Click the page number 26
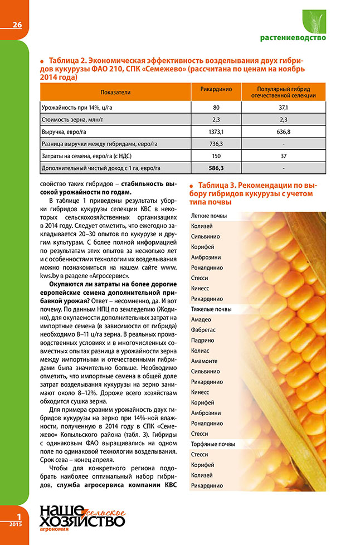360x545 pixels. (x=17, y=25)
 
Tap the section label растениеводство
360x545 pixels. (x=293, y=38)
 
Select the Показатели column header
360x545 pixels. (x=115, y=91)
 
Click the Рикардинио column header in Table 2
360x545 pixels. (x=216, y=89)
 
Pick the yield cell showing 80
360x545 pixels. (x=216, y=106)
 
